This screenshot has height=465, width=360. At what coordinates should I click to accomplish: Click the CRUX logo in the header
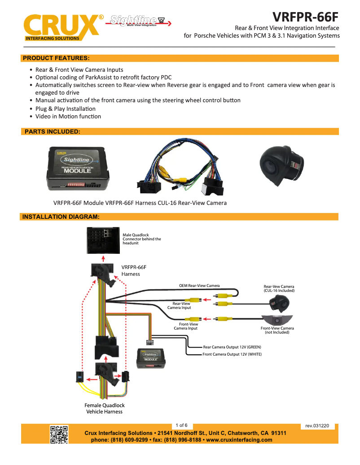61,27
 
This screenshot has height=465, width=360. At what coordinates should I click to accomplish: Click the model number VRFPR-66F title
306,17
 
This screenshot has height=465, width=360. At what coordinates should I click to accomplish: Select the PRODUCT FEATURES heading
56,58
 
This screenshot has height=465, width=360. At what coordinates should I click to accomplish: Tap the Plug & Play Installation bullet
65,109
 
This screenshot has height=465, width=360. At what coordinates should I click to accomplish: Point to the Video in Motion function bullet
68,116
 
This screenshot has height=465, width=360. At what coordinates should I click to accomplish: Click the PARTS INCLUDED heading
52,131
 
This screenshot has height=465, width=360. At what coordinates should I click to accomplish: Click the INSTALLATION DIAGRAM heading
61,217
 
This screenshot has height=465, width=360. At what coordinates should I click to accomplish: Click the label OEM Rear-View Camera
199,286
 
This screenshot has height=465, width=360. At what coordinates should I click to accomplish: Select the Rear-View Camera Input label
180,305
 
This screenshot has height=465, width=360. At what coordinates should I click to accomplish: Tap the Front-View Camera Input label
186,326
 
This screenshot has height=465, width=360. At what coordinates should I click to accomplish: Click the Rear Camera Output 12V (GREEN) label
232,347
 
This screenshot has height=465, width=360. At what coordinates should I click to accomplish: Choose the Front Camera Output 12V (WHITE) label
232,354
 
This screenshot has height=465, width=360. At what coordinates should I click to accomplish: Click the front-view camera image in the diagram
277,320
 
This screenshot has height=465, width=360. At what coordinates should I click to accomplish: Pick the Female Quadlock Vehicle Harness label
104,408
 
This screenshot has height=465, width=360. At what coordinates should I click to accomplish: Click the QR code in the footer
59,434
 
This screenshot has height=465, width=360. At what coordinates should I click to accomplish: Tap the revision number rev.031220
317,426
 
